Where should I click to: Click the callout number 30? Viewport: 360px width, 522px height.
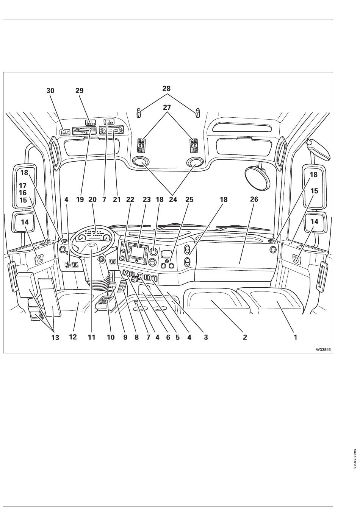[x=50, y=91]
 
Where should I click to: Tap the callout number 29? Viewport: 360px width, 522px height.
[x=80, y=91]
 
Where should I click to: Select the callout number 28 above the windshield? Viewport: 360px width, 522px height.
[x=166, y=89]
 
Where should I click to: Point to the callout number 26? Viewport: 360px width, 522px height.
[x=254, y=199]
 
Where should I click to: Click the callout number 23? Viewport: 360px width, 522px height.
[x=147, y=199]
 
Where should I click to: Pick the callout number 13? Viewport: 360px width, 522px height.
[x=55, y=337]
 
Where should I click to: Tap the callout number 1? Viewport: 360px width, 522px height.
[x=296, y=337]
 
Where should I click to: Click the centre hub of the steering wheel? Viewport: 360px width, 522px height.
[x=93, y=247]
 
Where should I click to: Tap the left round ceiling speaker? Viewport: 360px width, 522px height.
[x=141, y=162]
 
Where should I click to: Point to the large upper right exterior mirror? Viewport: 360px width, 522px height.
[x=314, y=185]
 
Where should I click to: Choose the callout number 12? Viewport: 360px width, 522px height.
[x=73, y=337]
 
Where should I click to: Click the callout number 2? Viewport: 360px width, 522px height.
[x=245, y=337]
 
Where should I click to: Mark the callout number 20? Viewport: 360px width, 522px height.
[x=92, y=199]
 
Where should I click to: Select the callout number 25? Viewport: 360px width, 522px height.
[x=189, y=199]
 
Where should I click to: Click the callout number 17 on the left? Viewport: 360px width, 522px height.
[x=23, y=186]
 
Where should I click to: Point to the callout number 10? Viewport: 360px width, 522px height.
[x=111, y=337]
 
